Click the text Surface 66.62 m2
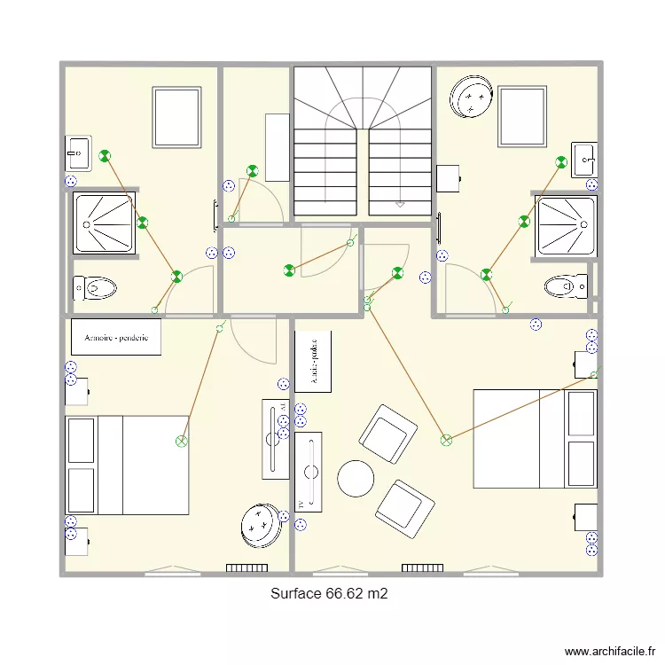tap(329, 594)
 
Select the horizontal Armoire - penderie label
tap(116, 338)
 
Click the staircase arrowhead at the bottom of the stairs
tap(400, 204)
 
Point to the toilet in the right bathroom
tap(566, 286)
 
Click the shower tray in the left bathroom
tap(104, 223)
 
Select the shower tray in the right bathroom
tap(566, 225)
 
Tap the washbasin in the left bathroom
tap(78, 153)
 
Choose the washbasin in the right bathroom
tap(584, 158)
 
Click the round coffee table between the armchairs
tap(356, 479)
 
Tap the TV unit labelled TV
tap(309, 471)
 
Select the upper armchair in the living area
tap(387, 434)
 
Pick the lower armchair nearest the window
tap(404, 509)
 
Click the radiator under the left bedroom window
tap(246, 567)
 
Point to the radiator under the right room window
tap(422, 567)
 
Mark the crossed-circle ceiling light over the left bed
tap(182, 441)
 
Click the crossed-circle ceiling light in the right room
tap(446, 439)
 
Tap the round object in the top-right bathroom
tap(471, 96)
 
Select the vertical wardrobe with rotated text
tap(312, 362)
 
